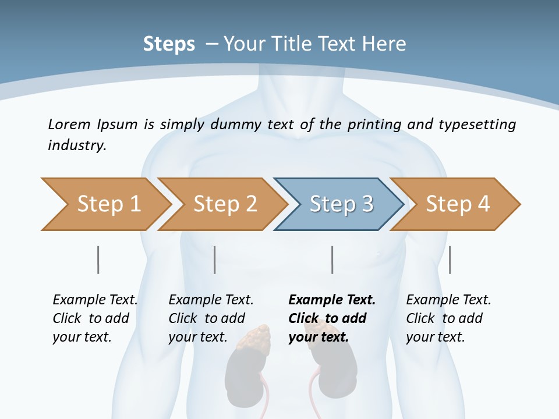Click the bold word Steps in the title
point(169,44)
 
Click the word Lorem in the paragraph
point(68,124)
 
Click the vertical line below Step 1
point(98,260)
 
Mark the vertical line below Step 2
point(215,260)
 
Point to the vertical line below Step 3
point(332,260)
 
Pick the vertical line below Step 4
point(450,260)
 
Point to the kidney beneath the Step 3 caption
point(338,375)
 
